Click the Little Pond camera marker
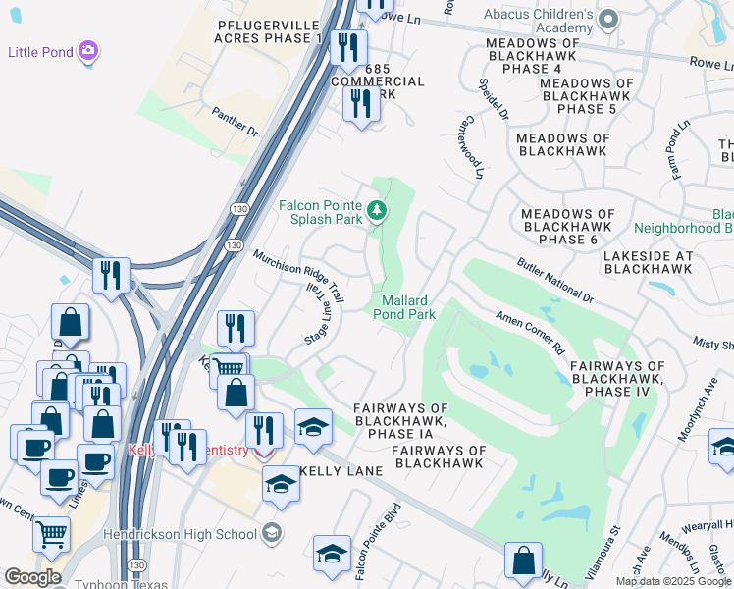click(x=89, y=51)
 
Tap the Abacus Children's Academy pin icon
click(x=608, y=19)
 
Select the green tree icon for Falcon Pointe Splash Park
click(x=376, y=210)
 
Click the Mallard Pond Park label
click(x=403, y=307)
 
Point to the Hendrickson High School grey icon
click(x=272, y=534)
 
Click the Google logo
click(x=32, y=576)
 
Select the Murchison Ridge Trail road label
click(x=298, y=275)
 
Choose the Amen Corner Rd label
click(x=531, y=335)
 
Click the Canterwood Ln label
click(x=470, y=149)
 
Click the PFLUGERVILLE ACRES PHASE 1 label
click(x=269, y=29)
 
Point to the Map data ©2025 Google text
click(x=673, y=581)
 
